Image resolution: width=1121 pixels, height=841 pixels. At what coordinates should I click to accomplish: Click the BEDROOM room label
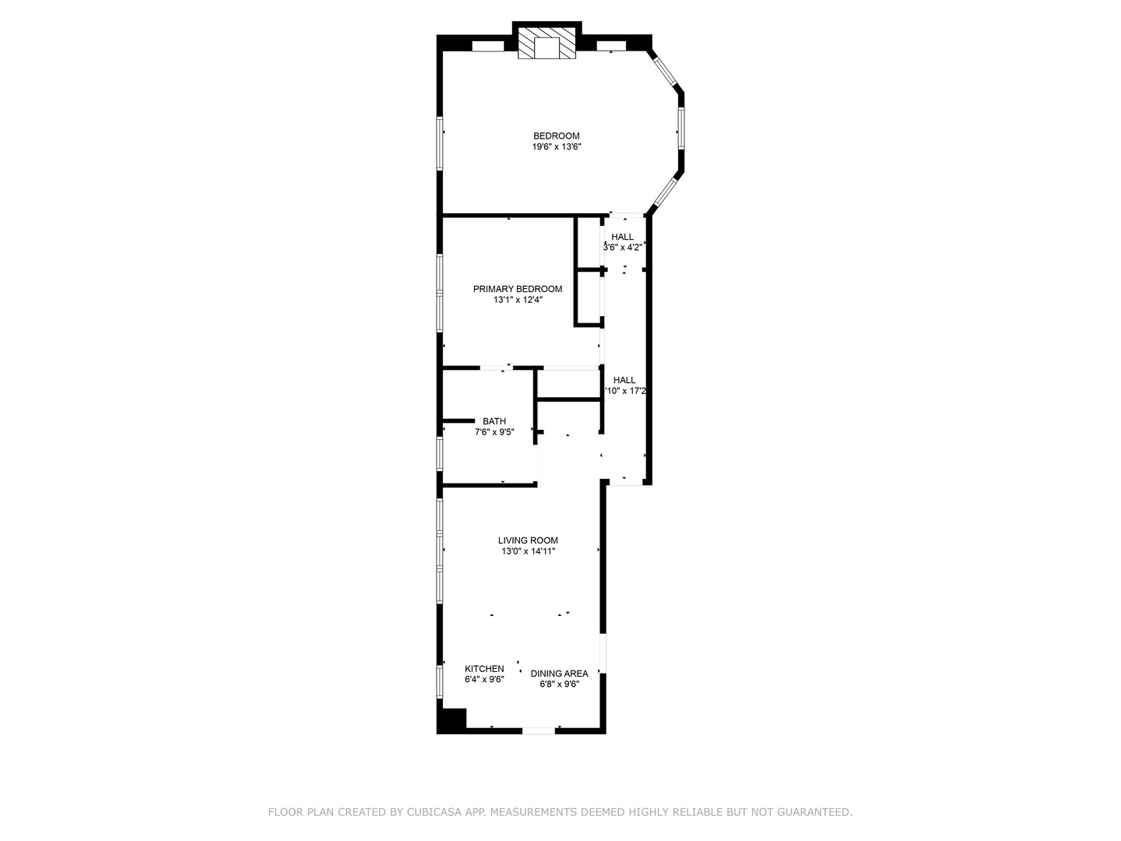pos(556,136)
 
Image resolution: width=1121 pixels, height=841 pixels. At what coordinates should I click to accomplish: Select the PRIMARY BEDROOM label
pos(518,289)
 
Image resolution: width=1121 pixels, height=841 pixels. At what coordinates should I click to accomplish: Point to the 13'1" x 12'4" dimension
pos(518,300)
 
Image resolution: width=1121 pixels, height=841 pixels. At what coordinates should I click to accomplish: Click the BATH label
pos(494,421)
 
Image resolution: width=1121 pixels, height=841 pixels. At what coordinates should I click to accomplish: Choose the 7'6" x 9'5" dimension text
pos(494,432)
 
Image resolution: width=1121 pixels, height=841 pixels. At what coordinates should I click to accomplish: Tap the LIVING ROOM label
pos(528,540)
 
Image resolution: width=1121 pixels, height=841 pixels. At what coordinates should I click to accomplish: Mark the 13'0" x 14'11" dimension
pos(528,551)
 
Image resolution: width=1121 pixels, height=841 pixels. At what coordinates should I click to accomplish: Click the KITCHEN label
pos(484,669)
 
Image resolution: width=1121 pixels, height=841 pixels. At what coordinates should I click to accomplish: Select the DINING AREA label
pos(560,674)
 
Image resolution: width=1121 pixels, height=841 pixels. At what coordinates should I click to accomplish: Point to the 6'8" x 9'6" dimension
pos(560,684)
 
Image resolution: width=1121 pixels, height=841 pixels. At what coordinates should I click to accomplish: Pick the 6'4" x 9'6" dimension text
pos(484,680)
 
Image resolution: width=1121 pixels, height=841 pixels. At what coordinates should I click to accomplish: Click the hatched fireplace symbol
pos(547,44)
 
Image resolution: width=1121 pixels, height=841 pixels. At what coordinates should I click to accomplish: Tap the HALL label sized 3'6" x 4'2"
pos(623,237)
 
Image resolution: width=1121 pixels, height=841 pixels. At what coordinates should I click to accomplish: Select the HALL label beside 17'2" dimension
pos(624,380)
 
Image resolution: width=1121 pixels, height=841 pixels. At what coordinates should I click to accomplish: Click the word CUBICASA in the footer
pos(437,812)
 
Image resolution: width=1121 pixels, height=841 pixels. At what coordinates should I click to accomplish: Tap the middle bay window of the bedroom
pos(680,128)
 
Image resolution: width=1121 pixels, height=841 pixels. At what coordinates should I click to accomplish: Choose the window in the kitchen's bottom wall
pos(538,730)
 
